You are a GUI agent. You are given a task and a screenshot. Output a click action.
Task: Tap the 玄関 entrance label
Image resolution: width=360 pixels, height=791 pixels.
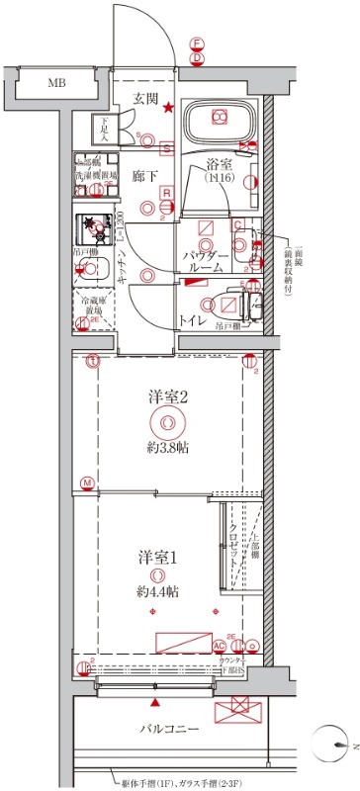point(146,97)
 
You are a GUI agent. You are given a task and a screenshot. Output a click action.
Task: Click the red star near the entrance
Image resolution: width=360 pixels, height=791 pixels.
point(169,108)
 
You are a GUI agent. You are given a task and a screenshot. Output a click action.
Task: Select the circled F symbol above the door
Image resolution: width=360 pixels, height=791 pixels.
point(197,44)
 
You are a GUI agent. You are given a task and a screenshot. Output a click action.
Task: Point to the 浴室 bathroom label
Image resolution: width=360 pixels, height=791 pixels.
point(219,165)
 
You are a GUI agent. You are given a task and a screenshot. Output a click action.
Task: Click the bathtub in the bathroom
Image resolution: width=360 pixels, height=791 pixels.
point(221,122)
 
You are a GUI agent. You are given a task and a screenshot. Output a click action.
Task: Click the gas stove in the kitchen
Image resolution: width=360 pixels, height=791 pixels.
point(96,229)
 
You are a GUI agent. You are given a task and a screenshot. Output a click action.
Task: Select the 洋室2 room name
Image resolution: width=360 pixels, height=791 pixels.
point(167,396)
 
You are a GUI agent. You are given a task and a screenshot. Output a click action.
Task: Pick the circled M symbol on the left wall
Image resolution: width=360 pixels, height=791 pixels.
point(88,483)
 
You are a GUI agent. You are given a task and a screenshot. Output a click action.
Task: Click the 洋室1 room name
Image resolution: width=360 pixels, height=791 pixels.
point(157,556)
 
